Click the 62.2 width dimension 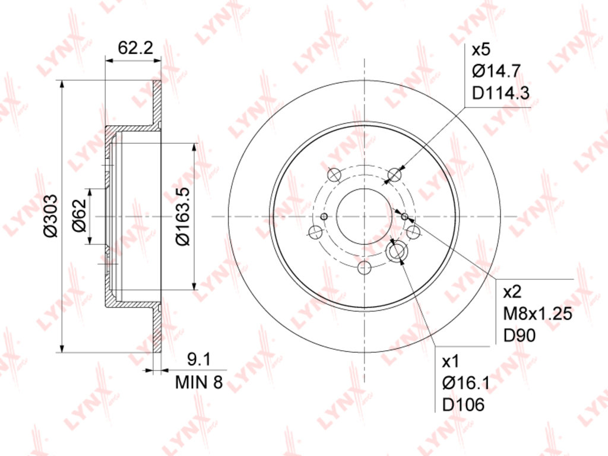pyautogui.click(x=136, y=48)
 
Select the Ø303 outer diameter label pyautogui.click(x=50, y=216)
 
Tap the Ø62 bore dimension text pyautogui.click(x=79, y=216)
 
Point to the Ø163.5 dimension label pyautogui.click(x=182, y=216)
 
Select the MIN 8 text pyautogui.click(x=199, y=382)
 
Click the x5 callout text pyautogui.click(x=481, y=50)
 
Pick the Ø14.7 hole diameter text pyautogui.click(x=496, y=71)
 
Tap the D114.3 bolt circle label pyautogui.click(x=501, y=93)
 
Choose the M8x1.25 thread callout pyautogui.click(x=537, y=313)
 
